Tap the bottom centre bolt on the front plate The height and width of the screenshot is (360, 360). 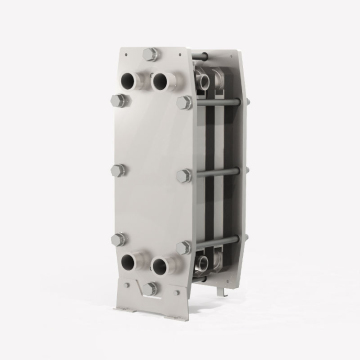coord(150,288)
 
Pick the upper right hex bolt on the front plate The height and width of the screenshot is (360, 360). coord(185,102)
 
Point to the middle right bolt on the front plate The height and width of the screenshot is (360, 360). coord(184,175)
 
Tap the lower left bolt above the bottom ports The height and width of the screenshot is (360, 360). coord(119,240)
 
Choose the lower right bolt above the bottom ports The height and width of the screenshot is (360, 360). coord(185,246)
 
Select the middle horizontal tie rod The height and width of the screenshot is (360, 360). coord(215,173)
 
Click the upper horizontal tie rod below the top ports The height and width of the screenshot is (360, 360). coord(215,102)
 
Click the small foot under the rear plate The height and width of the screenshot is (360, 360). coord(225,291)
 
